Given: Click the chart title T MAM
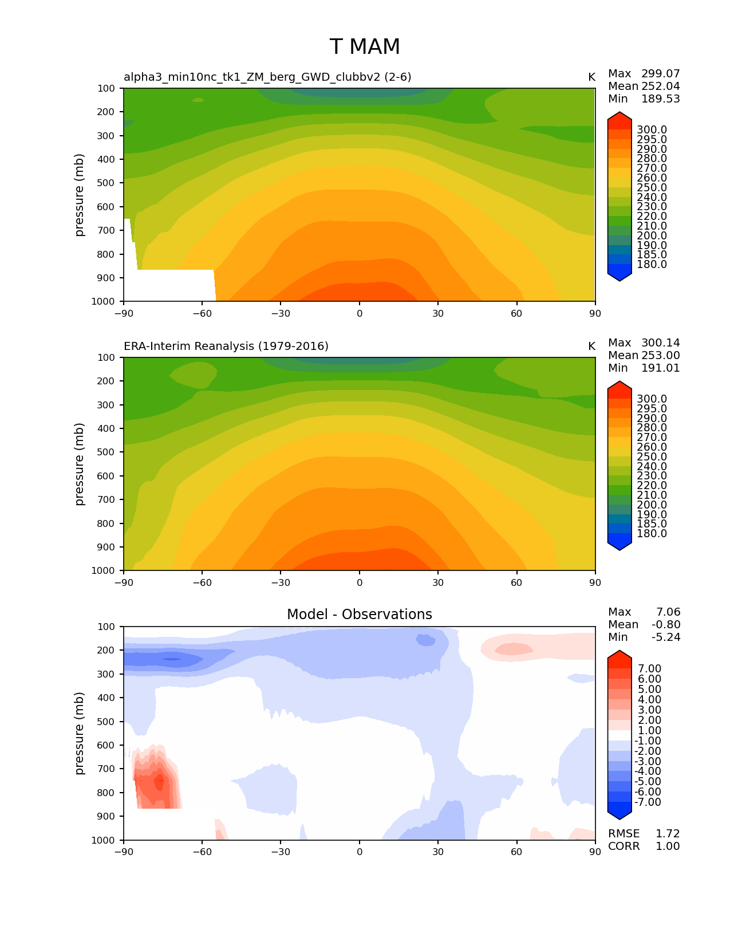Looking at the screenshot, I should point(365,47).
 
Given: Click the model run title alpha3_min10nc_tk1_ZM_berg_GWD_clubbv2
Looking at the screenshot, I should point(267,77).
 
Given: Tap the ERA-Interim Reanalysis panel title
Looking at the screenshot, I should point(226,346).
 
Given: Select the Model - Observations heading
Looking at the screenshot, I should point(359,615).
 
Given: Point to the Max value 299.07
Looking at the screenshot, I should point(660,73).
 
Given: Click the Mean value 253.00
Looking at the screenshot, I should point(660,355).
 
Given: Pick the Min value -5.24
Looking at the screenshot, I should point(666,637).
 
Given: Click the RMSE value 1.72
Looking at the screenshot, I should point(667,833).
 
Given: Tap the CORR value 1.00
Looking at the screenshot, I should point(667,846).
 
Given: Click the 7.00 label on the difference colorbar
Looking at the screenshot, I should point(649,669).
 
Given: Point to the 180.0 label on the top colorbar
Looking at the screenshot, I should point(652,264).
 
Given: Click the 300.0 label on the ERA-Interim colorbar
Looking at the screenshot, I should point(652,399).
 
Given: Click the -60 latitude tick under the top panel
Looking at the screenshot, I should point(202,313).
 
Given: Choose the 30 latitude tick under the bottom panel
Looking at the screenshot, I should point(438,852).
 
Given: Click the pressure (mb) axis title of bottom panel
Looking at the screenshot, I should point(80,733).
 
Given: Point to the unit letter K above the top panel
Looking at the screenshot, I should point(591,77).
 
